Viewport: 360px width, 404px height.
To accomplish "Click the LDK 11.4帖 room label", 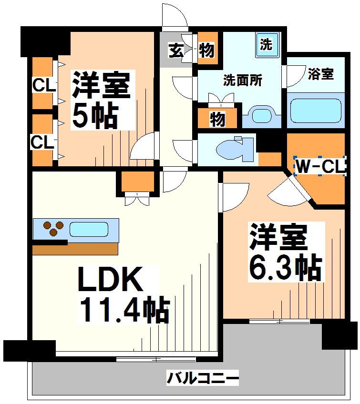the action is [124, 294].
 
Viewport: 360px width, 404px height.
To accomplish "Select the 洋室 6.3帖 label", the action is [286, 252].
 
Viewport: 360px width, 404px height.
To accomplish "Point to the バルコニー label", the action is [203, 378].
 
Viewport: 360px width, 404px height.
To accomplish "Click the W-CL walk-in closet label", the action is [320, 166].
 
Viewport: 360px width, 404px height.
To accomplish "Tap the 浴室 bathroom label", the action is [321, 74].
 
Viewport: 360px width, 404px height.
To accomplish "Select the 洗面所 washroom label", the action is [243, 80].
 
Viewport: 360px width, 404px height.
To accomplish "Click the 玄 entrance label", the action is [176, 50].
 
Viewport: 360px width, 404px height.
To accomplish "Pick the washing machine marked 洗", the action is [267, 45].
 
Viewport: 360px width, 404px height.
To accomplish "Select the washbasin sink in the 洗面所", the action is [262, 116].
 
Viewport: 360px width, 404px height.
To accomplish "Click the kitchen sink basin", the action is [89, 229].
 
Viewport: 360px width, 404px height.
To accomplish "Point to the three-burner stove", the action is [53, 229].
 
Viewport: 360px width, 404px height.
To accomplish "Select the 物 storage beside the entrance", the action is [206, 50].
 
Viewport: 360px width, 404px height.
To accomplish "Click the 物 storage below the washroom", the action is [217, 119].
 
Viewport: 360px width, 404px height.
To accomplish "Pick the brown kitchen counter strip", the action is [75, 249].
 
